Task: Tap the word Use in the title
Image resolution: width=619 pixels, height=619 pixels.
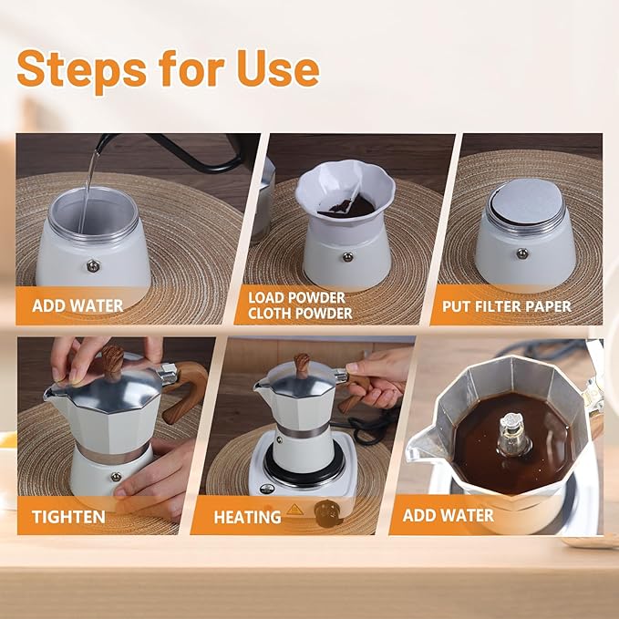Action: coord(275,70)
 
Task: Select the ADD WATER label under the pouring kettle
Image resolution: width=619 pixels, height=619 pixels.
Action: coord(77,305)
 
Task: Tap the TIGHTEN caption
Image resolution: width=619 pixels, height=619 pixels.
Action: coord(67,517)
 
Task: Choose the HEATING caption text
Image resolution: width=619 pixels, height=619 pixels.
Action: coord(247,517)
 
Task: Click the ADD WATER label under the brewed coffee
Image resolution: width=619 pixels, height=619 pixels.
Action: coord(449,516)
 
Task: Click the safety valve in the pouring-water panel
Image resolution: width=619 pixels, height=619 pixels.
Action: coord(93,265)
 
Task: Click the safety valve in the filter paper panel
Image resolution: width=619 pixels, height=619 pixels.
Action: coord(521,253)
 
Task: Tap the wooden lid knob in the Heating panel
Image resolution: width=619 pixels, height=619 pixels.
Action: coord(302,365)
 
